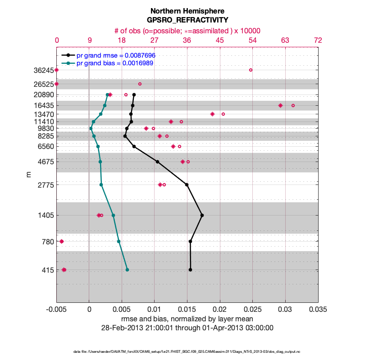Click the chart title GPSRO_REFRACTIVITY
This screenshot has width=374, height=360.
(187, 20)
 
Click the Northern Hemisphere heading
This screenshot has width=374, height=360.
(187, 11)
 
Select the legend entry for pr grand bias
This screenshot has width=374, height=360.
(115, 63)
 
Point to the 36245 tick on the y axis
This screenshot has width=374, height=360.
(44, 70)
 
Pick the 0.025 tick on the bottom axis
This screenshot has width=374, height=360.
(253, 310)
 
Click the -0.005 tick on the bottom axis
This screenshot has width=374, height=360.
(56, 310)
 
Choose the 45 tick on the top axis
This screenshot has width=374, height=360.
(220, 40)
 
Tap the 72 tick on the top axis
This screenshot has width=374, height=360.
(318, 40)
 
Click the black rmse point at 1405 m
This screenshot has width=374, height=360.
(202, 215)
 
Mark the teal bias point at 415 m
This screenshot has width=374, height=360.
(127, 270)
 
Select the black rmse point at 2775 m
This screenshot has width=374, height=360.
(187, 184)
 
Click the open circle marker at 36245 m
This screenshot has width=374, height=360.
(251, 70)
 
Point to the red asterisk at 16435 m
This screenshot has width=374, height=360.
(280, 105)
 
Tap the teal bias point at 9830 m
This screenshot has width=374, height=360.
(91, 128)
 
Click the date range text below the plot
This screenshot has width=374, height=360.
(187, 328)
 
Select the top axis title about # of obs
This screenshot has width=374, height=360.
(187, 31)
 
